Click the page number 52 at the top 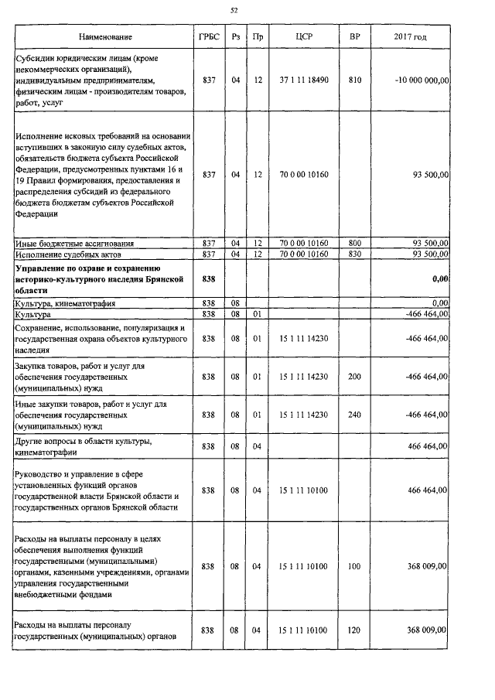point(234,10)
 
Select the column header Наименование point(105,37)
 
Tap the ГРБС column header point(208,37)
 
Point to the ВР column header point(354,37)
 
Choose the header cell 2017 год point(410,37)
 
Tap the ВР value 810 point(354,80)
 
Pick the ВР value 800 point(354,244)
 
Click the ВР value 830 point(354,254)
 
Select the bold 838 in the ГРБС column point(208,278)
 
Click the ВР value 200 point(354,377)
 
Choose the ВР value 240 point(354,415)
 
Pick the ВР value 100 point(354,566)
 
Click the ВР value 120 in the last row point(354,630)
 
